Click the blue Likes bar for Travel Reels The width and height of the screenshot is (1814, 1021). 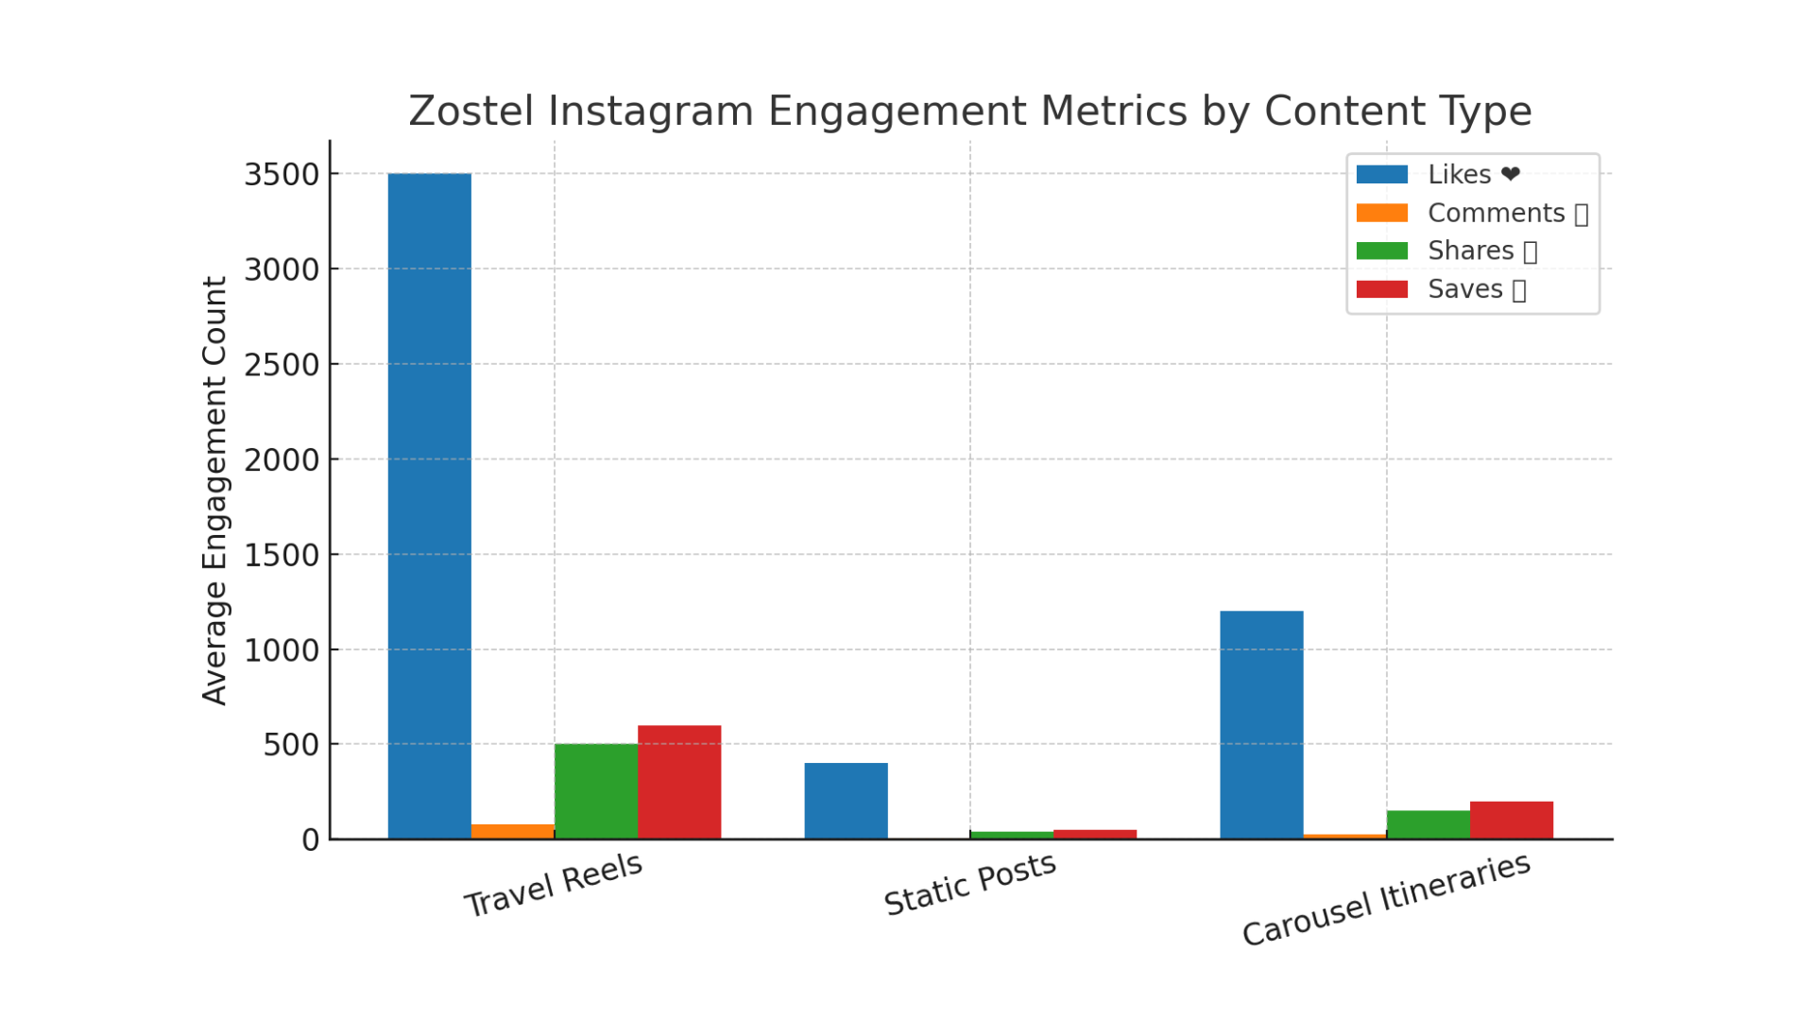[429, 506]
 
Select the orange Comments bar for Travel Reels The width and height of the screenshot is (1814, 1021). [512, 831]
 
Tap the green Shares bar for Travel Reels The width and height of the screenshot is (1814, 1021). [595, 791]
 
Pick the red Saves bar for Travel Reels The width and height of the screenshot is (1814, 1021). [678, 782]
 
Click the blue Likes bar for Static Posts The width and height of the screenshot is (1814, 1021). [846, 801]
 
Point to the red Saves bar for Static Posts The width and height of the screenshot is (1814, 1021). [1094, 834]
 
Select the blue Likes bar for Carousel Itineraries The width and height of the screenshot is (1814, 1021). [1261, 725]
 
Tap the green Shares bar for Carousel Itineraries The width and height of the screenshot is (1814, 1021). [1428, 824]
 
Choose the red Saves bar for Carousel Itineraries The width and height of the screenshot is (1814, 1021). [1511, 820]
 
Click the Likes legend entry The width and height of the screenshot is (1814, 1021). [1459, 175]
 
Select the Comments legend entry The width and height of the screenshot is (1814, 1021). [1495, 214]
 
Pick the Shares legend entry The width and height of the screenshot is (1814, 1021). [1470, 251]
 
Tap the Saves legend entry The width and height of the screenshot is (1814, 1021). [1464, 289]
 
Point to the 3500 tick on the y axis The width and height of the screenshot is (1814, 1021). [282, 175]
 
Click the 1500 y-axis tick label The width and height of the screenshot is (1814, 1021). [282, 556]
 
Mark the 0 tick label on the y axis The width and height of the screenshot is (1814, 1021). [310, 840]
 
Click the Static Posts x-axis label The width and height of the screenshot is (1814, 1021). [969, 884]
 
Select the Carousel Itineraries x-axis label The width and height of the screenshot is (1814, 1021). [1385, 899]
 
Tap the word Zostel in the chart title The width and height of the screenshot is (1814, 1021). [471, 112]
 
